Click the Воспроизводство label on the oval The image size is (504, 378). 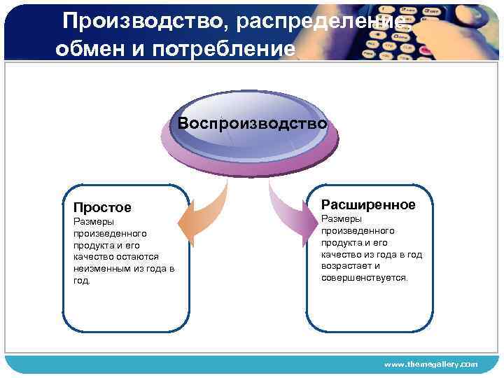[x=252, y=123]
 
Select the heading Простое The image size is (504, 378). [x=102, y=208]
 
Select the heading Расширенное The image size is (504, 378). [x=368, y=204]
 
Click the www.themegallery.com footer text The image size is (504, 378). [x=431, y=365]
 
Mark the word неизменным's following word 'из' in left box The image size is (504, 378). [x=136, y=269]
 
